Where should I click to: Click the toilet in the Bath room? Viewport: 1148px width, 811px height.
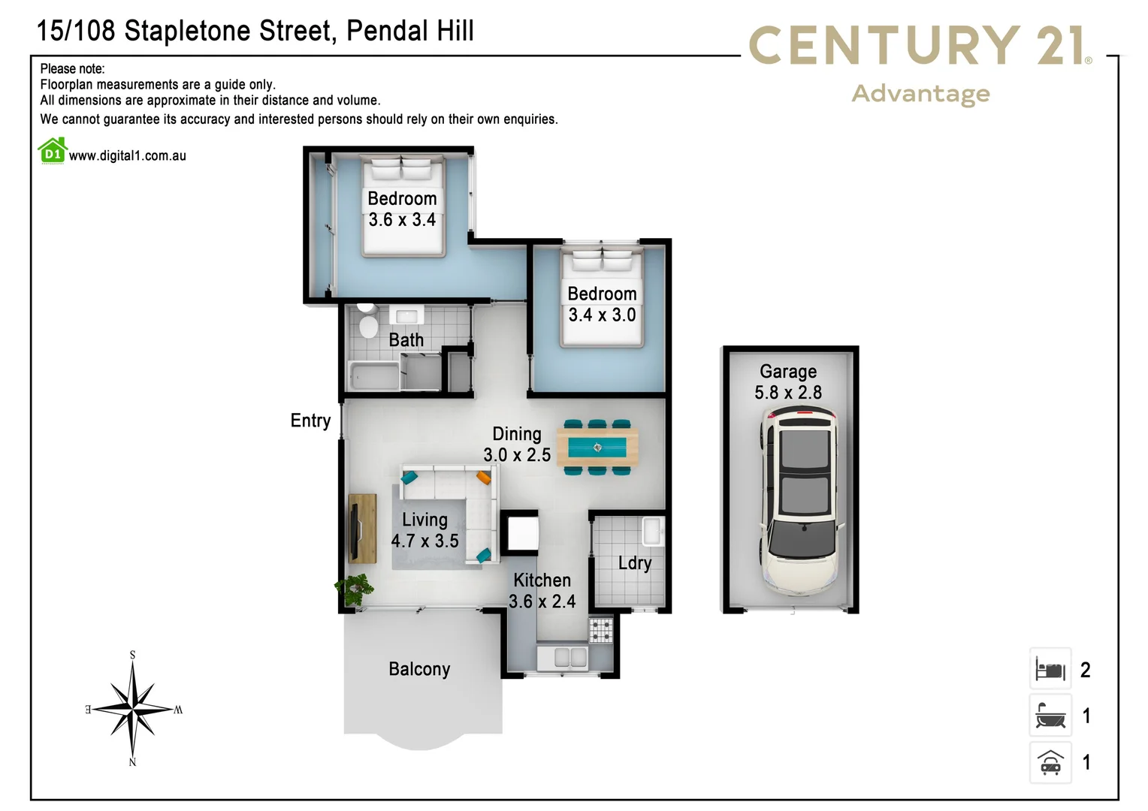coord(367,323)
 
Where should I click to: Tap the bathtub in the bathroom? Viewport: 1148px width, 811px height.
coord(373,375)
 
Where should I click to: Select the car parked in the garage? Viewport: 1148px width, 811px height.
coord(799,499)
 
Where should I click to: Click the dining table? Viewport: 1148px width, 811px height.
coord(597,448)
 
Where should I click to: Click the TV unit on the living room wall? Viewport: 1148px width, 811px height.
coord(362,528)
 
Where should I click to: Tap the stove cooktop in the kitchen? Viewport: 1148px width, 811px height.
coord(600,629)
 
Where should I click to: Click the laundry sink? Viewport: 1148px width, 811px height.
coord(652,531)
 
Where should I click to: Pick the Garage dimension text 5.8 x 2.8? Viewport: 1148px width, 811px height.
coord(788,393)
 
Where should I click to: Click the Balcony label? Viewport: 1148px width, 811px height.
coord(419,669)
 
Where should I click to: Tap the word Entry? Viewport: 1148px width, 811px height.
coord(310,421)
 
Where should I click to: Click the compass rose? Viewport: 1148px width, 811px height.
coord(134,708)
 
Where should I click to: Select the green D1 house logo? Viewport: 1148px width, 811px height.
coord(52,151)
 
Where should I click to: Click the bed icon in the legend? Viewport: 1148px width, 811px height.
coord(1050,669)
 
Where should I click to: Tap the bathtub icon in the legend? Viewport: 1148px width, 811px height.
coord(1050,716)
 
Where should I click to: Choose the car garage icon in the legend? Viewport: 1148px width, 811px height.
coord(1050,762)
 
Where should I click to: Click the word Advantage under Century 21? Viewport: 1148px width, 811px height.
coord(920,94)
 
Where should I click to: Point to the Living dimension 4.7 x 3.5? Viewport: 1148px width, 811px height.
coord(424,541)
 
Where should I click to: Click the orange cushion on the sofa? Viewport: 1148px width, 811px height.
coord(483,477)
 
